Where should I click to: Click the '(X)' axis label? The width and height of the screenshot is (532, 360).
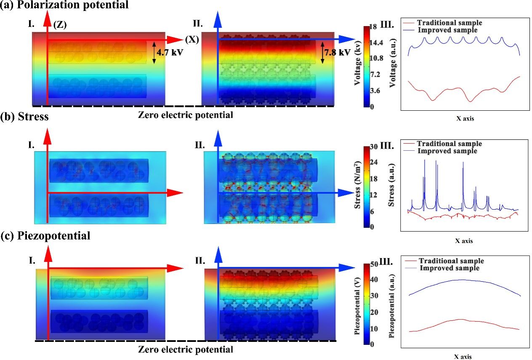point(191,40)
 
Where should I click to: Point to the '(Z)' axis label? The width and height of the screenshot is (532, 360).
point(60,25)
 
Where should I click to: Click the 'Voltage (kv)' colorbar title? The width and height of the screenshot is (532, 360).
point(357,65)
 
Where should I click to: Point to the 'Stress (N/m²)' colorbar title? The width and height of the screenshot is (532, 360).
point(358,186)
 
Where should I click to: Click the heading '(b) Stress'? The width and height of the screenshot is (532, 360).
point(24,117)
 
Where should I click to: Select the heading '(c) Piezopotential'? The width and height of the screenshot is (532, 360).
point(45,236)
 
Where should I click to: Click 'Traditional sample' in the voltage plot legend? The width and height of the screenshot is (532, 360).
point(449,23)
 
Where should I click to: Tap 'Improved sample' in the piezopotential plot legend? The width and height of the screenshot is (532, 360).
point(450,268)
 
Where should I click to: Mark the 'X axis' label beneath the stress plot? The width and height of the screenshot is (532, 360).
point(464,241)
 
